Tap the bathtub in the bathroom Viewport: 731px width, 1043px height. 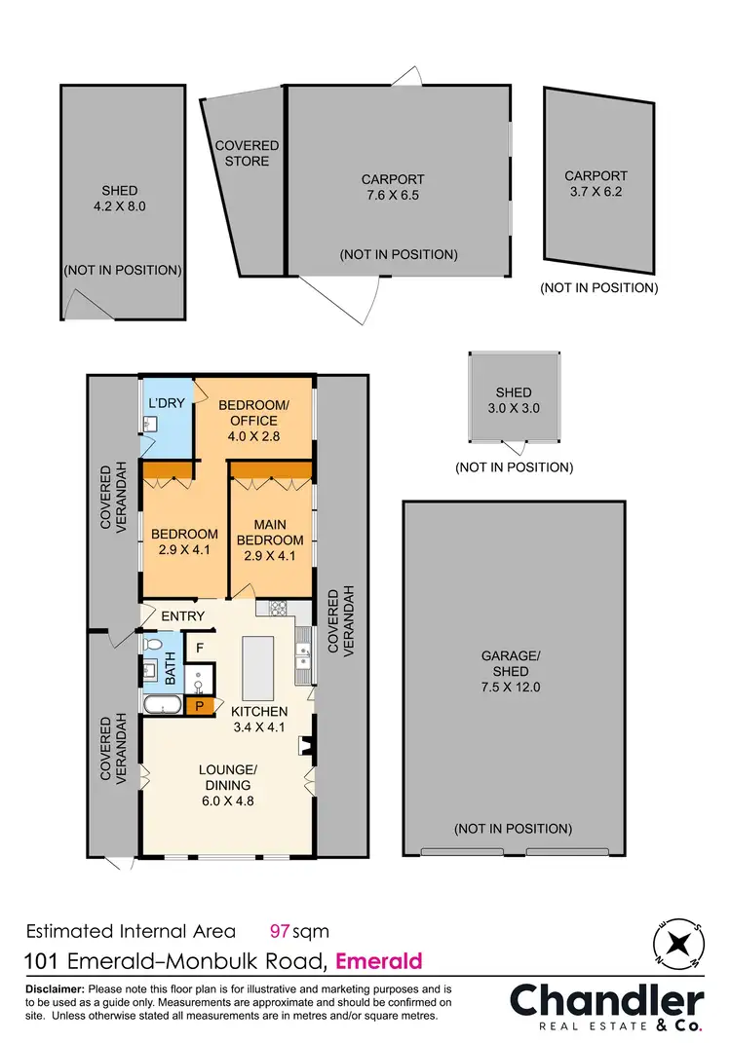[162, 705]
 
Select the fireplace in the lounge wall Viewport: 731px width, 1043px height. [307, 747]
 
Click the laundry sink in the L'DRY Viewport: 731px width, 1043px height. [150, 423]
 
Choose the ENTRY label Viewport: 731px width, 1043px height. [183, 615]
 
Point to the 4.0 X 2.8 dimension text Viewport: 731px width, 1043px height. [253, 436]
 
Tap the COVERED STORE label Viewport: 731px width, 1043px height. [247, 153]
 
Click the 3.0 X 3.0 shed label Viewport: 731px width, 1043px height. [514, 408]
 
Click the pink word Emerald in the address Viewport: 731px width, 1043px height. [379, 961]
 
